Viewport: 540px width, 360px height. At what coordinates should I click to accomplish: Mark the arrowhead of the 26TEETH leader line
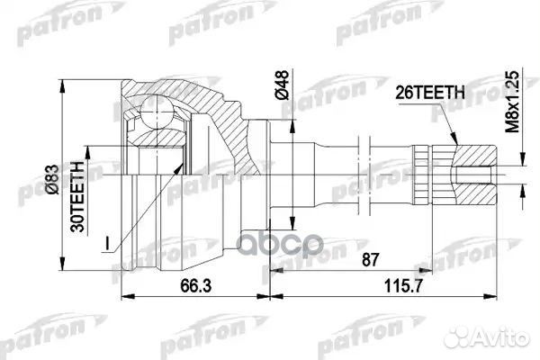(x=454, y=144)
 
